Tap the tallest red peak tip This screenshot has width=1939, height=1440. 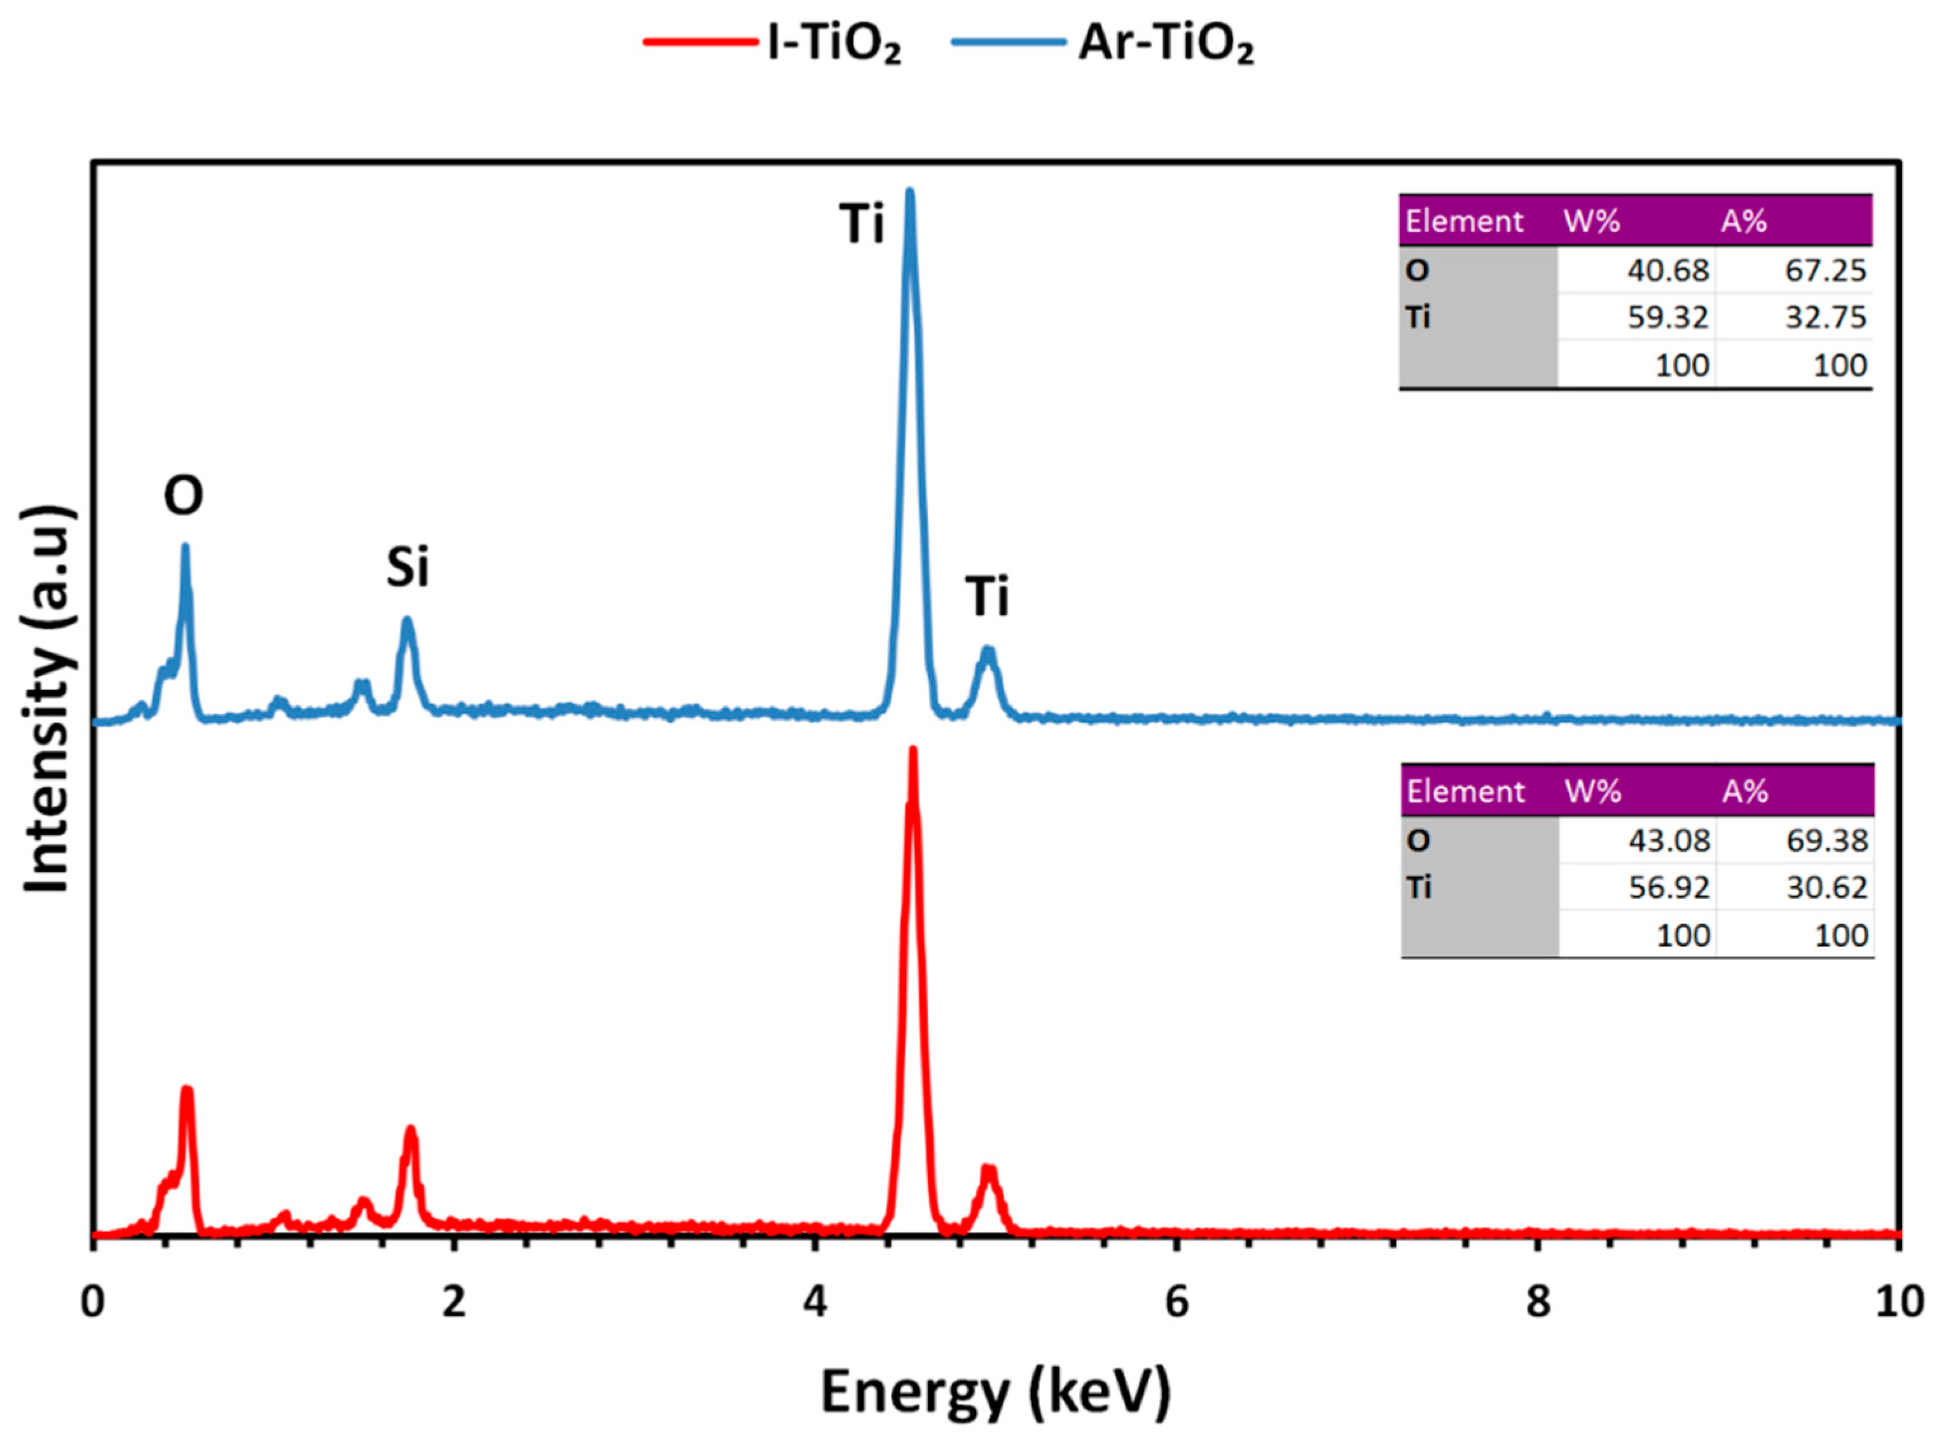[913, 750]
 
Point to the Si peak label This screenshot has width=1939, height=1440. [407, 567]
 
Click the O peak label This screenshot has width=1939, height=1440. [184, 495]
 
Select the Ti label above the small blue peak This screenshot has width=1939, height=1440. [986, 597]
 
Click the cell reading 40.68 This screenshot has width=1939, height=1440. [1667, 270]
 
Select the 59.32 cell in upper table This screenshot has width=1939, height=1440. [1667, 317]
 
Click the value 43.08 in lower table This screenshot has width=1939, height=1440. [1669, 840]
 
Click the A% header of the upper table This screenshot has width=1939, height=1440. [1743, 221]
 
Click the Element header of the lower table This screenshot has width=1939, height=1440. [1466, 791]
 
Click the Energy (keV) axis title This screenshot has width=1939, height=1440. [995, 1392]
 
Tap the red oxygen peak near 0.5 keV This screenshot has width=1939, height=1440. [186, 1090]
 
